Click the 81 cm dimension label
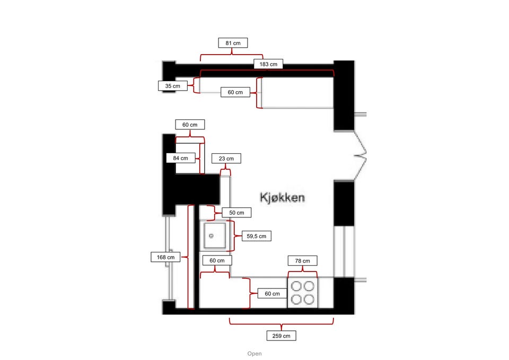233,43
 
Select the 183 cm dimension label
268,64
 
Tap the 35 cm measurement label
172,85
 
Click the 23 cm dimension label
226,158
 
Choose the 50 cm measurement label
236,213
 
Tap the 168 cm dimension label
166,257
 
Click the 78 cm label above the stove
302,260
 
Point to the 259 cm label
281,336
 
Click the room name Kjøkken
282,197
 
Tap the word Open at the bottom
254,354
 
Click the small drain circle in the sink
212,235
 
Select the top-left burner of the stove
296,286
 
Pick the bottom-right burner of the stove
309,299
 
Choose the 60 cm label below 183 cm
235,92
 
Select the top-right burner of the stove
309,286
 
